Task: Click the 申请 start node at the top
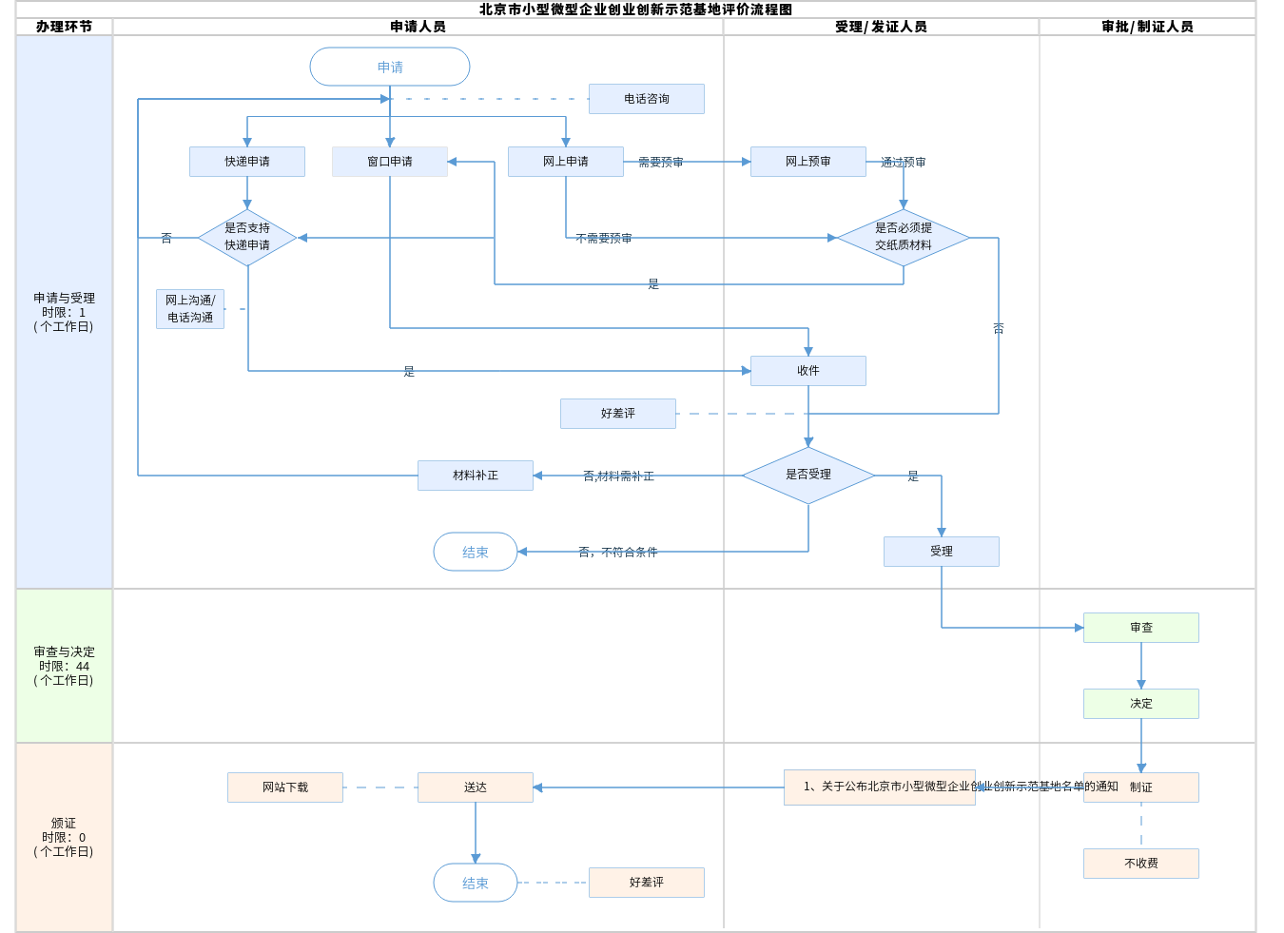coord(390,68)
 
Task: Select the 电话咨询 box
coord(647,99)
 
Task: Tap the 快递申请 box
coord(247,162)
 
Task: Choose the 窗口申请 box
coord(390,162)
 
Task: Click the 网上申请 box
coord(566,162)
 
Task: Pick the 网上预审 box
coord(808,162)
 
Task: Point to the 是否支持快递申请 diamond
coord(247,238)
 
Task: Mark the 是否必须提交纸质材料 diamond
coord(904,238)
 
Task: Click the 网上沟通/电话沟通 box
coord(190,309)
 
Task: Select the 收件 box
coord(808,371)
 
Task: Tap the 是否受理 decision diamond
coord(808,475)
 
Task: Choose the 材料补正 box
coord(476,476)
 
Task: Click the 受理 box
coord(942,552)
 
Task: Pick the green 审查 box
coord(1141,628)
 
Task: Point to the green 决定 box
coord(1141,704)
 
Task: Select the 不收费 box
coord(1141,864)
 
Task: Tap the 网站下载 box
coord(285,787)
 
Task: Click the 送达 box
coord(476,787)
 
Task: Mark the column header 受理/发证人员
coord(881,27)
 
